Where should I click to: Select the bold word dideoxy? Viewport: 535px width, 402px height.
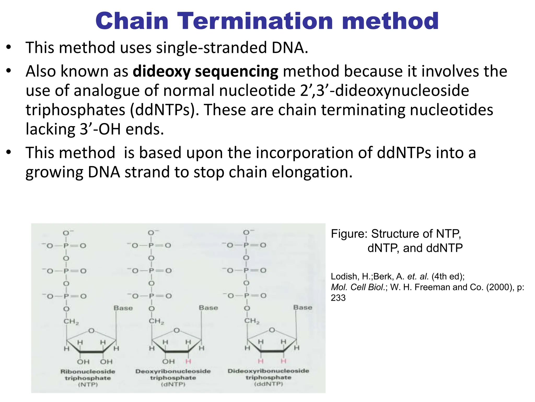click(x=161, y=71)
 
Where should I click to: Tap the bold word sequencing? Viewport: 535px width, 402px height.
click(x=237, y=71)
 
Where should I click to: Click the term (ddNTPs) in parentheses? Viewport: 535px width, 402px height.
click(x=165, y=110)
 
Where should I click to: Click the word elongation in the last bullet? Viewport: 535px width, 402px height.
click(x=312, y=172)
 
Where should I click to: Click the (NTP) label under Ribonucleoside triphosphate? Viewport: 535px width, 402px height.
click(x=88, y=384)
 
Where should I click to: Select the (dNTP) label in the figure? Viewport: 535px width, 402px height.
click(x=173, y=384)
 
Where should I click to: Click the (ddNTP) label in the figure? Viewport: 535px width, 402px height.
click(x=269, y=384)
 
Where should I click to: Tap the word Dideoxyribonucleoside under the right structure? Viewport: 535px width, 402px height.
click(x=268, y=371)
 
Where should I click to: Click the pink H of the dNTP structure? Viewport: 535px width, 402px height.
click(x=188, y=361)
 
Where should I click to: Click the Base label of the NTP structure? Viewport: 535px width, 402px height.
click(x=123, y=308)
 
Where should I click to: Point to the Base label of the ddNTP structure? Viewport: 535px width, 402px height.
click(x=303, y=307)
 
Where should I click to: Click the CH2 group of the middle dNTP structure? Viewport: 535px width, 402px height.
click(x=156, y=321)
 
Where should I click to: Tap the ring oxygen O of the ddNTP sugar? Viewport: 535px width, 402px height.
click(x=272, y=330)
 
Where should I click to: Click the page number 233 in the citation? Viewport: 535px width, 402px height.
click(x=338, y=298)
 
